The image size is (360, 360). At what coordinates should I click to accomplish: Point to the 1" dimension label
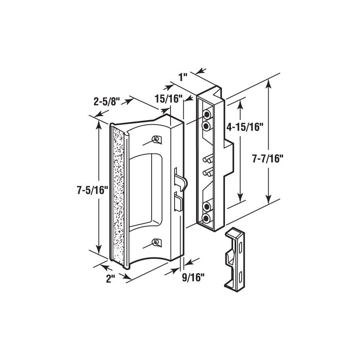tap(183, 76)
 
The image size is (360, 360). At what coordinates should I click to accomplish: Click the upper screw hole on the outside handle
tap(157, 139)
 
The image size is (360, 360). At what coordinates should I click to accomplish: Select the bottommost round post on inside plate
tap(207, 219)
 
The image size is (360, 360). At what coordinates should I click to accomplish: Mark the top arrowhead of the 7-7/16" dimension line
tap(270, 84)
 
